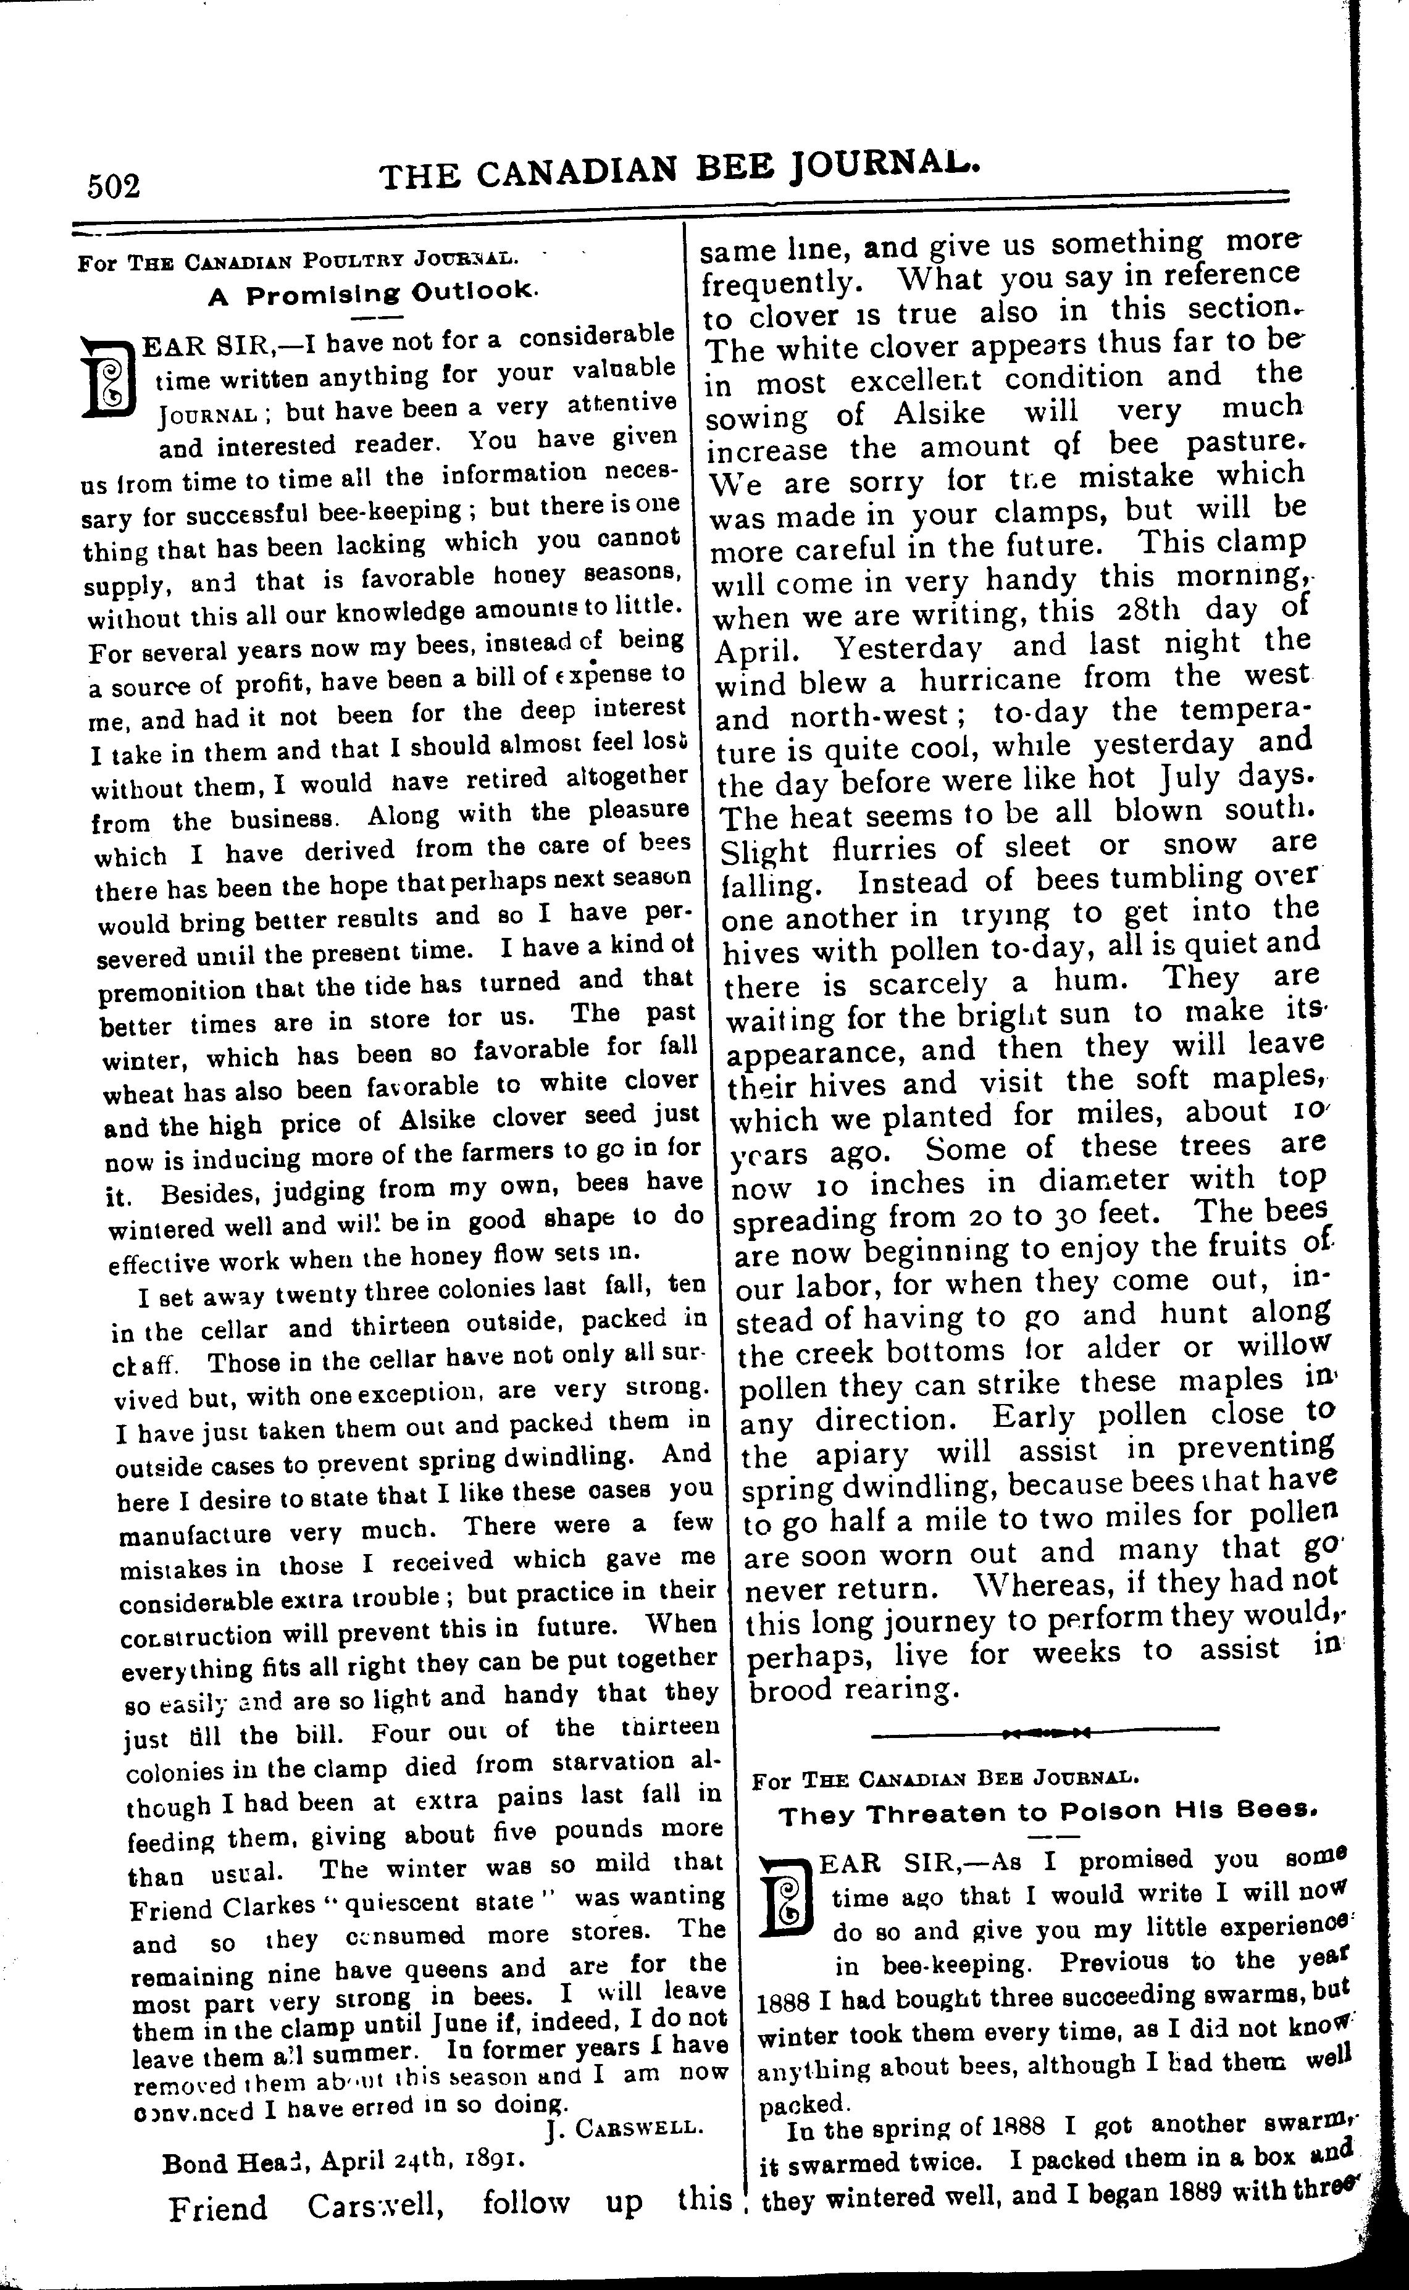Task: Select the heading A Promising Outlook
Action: (373, 293)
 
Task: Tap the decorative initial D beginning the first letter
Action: (109, 377)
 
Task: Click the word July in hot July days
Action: (1191, 777)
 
